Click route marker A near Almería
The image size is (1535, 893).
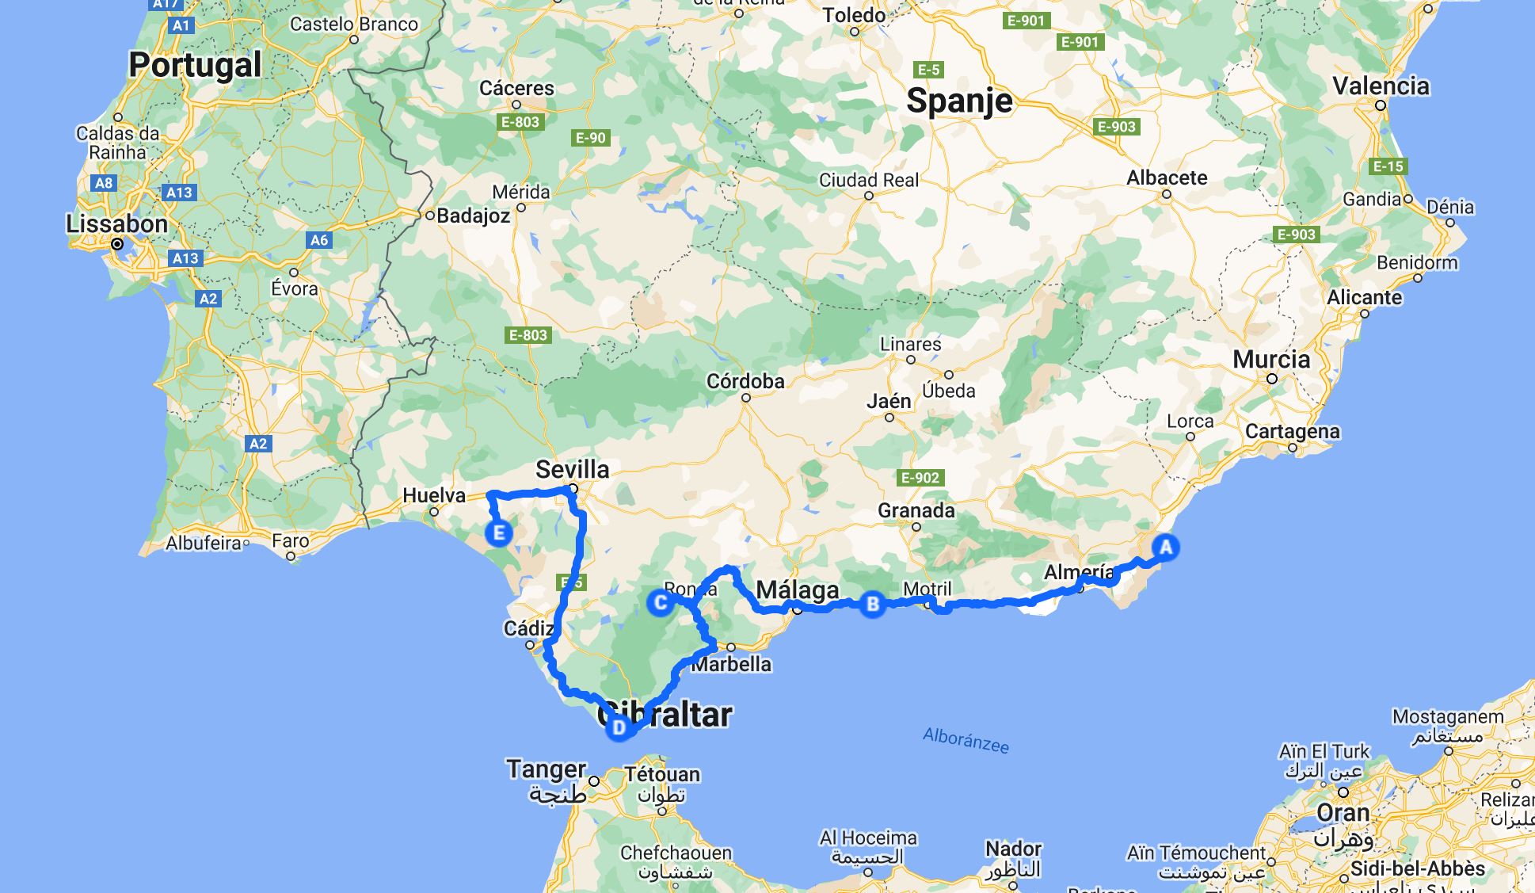click(x=1165, y=548)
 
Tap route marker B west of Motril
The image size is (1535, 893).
click(x=873, y=605)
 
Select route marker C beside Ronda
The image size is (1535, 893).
click(x=660, y=603)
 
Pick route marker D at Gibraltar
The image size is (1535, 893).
click(x=619, y=727)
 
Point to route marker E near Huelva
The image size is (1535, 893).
click(x=499, y=532)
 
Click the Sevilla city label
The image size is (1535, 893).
click(x=573, y=469)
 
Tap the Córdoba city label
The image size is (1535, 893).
click(x=745, y=381)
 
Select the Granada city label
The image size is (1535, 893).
click(x=916, y=510)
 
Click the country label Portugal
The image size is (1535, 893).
click(x=195, y=64)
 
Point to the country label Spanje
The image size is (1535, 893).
click(x=959, y=101)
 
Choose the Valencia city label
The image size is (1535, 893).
click(x=1381, y=86)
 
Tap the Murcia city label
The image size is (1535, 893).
click(x=1271, y=360)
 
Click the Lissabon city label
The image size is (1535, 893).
click(x=116, y=224)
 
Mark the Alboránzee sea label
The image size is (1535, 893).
click(x=966, y=741)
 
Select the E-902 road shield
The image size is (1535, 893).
click(x=920, y=478)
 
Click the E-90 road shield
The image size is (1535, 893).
click(x=590, y=138)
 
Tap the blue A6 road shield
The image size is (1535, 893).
click(x=318, y=240)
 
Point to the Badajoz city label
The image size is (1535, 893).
click(x=473, y=216)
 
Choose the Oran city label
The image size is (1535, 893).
click(x=1343, y=813)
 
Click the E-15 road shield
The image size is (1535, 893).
click(x=1388, y=166)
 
